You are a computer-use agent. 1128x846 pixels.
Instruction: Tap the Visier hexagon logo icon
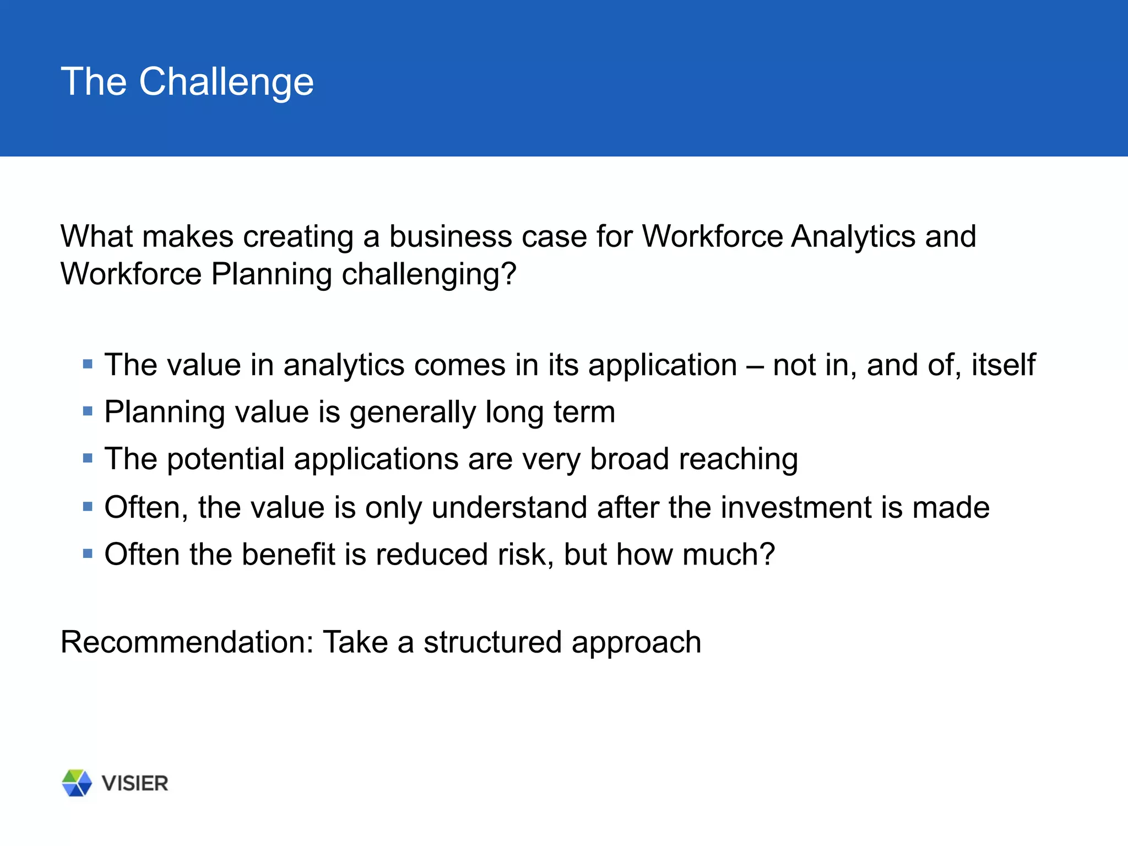(x=77, y=783)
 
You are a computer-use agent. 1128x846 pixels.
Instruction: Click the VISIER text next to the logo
(x=135, y=783)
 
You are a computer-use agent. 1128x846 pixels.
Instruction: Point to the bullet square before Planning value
(x=88, y=411)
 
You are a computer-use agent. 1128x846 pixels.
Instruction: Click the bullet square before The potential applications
(x=88, y=458)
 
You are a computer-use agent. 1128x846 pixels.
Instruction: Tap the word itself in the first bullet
(x=1003, y=365)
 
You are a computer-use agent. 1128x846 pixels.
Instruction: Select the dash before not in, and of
(x=755, y=366)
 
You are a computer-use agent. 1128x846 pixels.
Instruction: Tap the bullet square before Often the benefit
(x=88, y=553)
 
